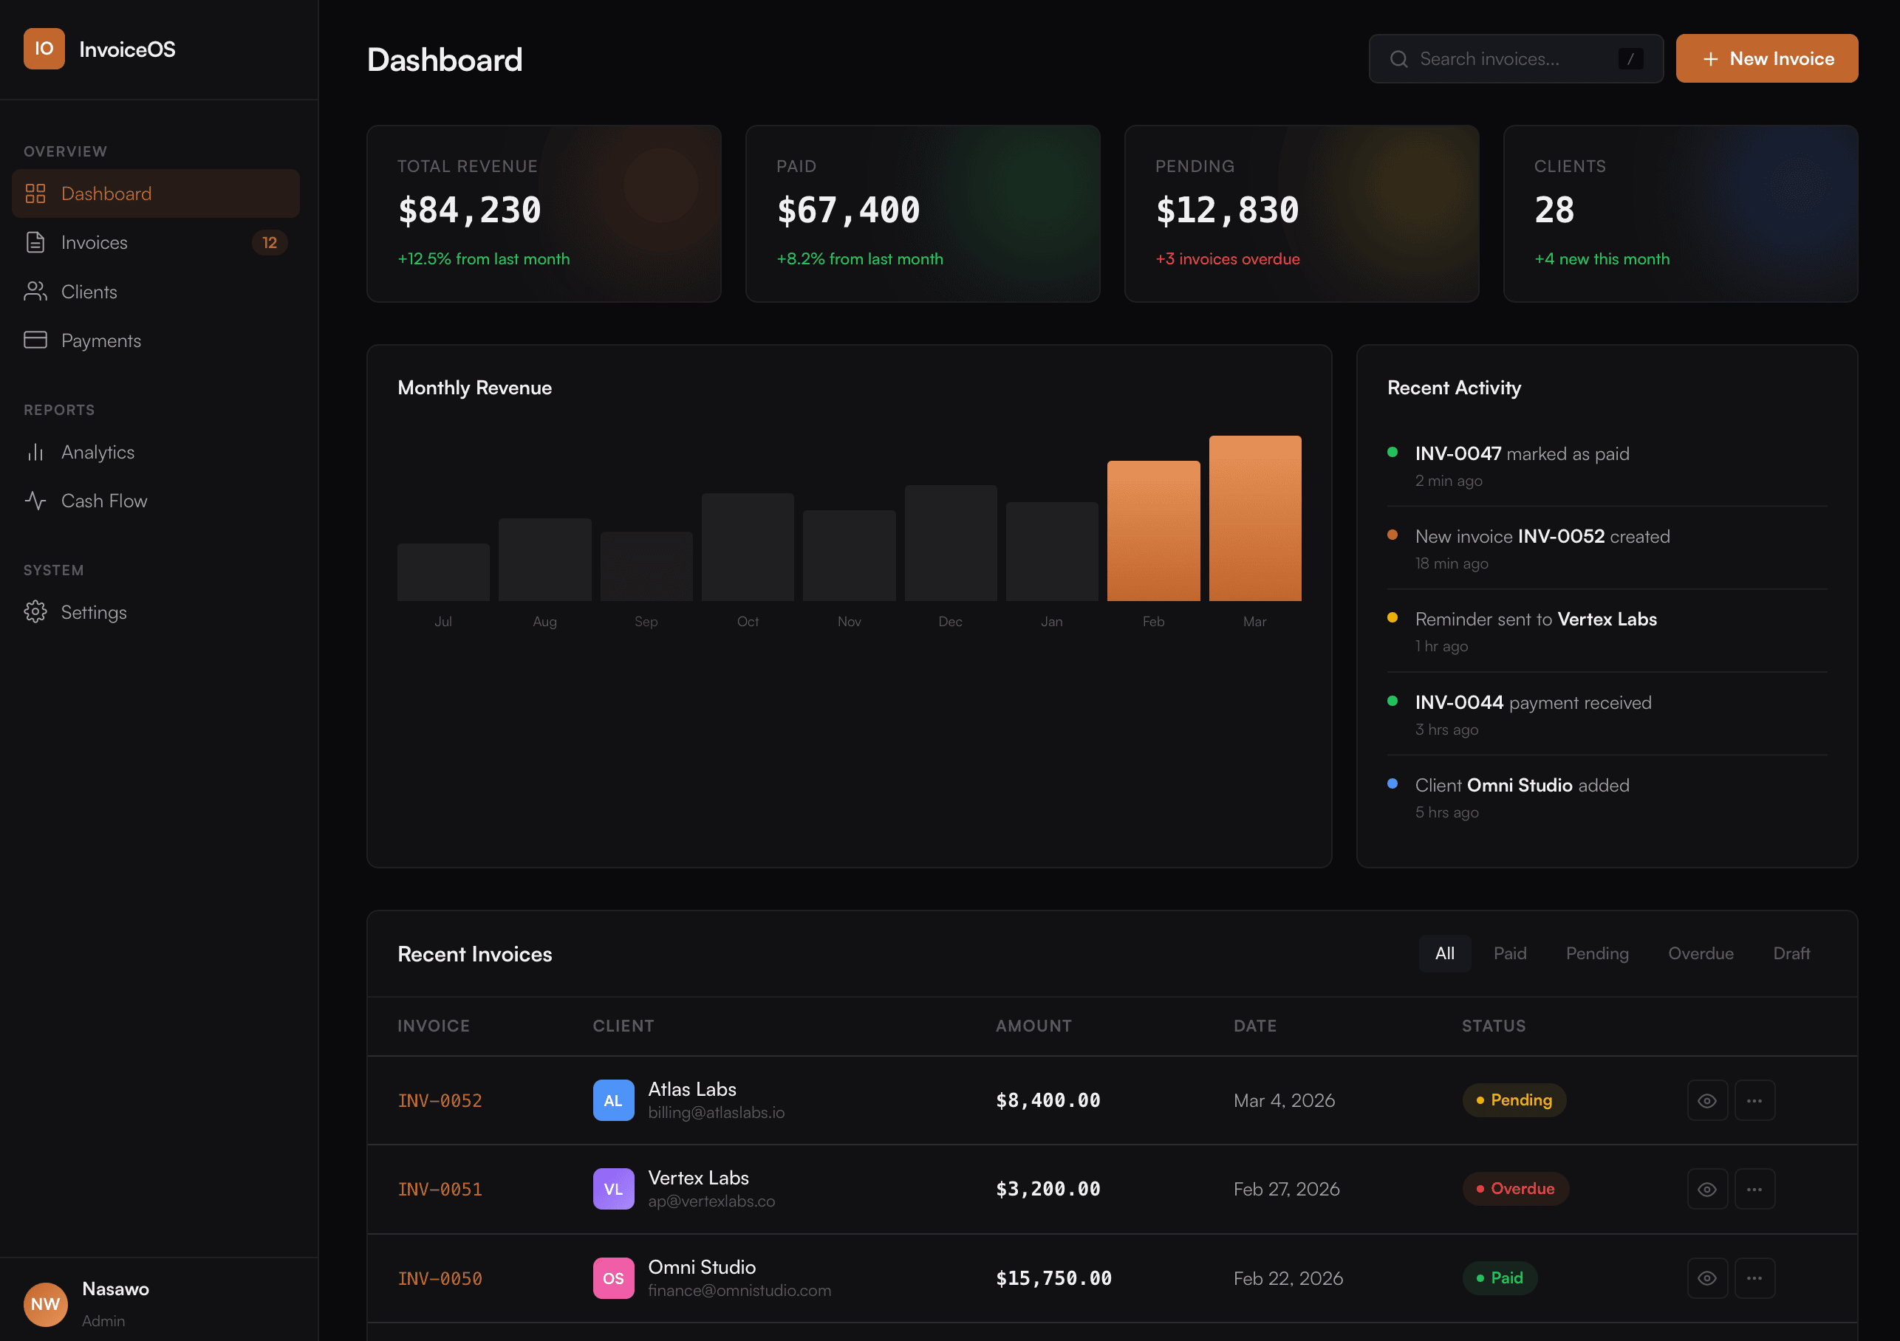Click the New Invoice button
(1766, 59)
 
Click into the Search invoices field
(1498, 59)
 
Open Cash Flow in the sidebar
(103, 501)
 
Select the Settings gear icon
(35, 612)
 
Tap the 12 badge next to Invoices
(269, 242)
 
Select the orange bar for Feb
(1152, 530)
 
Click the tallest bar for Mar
(1254, 518)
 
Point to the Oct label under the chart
(748, 621)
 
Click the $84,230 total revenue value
(469, 210)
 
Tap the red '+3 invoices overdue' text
(1227, 259)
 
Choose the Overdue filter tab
(1700, 953)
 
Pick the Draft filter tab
(1791, 953)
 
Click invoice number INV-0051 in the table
(440, 1189)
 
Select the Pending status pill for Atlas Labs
(1514, 1100)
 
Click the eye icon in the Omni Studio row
(1706, 1278)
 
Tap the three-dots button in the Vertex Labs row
(1754, 1189)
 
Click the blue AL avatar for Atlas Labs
(613, 1100)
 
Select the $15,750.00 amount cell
(1053, 1278)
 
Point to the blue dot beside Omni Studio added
(1392, 783)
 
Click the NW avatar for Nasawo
(46, 1304)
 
